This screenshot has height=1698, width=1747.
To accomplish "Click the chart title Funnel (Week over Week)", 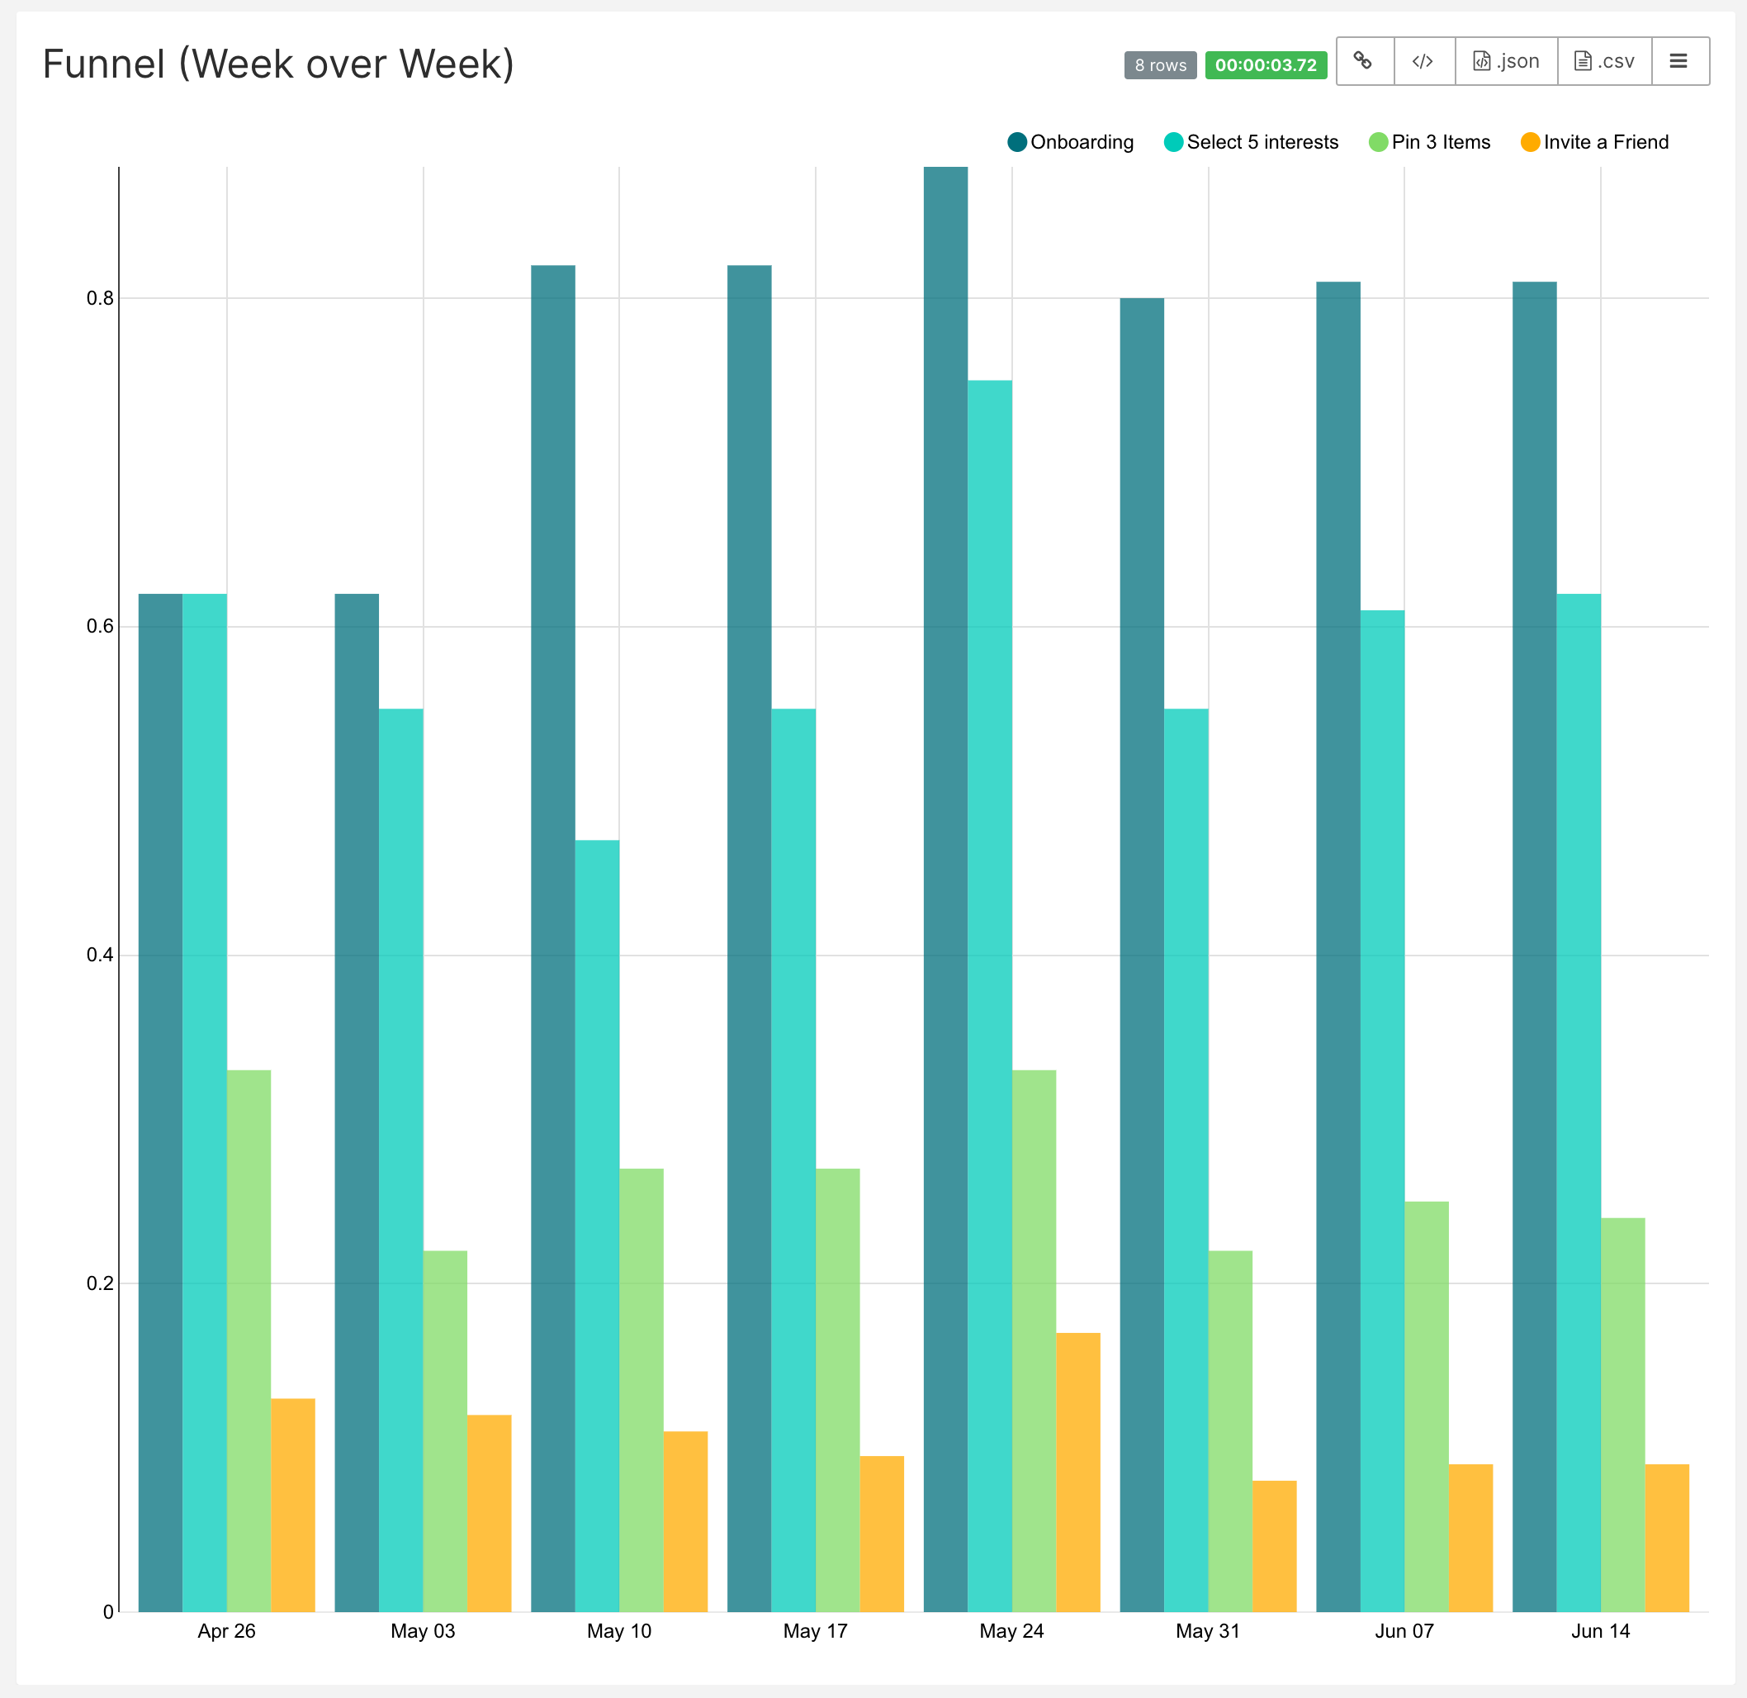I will [x=278, y=64].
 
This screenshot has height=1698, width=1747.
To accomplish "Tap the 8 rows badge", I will [x=1160, y=65].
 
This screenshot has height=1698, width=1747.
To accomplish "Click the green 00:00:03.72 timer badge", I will [x=1265, y=65].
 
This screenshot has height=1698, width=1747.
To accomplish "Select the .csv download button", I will [x=1603, y=62].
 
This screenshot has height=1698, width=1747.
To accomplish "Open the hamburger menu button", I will [x=1678, y=62].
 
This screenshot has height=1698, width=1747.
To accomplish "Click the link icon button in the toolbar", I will [x=1363, y=62].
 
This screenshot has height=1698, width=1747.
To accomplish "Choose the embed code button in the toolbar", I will [x=1423, y=62].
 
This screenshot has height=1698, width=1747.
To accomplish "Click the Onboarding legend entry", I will [x=1071, y=142].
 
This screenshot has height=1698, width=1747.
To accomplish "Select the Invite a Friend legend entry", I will [x=1594, y=142].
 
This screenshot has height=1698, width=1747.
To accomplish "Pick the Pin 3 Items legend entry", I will [x=1430, y=142].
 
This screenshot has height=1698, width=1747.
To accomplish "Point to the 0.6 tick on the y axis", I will [x=101, y=626].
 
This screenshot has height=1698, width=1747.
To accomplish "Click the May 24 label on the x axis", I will [x=1011, y=1631].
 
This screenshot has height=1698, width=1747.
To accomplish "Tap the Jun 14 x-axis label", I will [x=1600, y=1631].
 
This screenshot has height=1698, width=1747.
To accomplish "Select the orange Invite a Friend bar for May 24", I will [x=1077, y=1472].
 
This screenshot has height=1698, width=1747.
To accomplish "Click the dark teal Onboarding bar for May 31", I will [x=1142, y=954].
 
